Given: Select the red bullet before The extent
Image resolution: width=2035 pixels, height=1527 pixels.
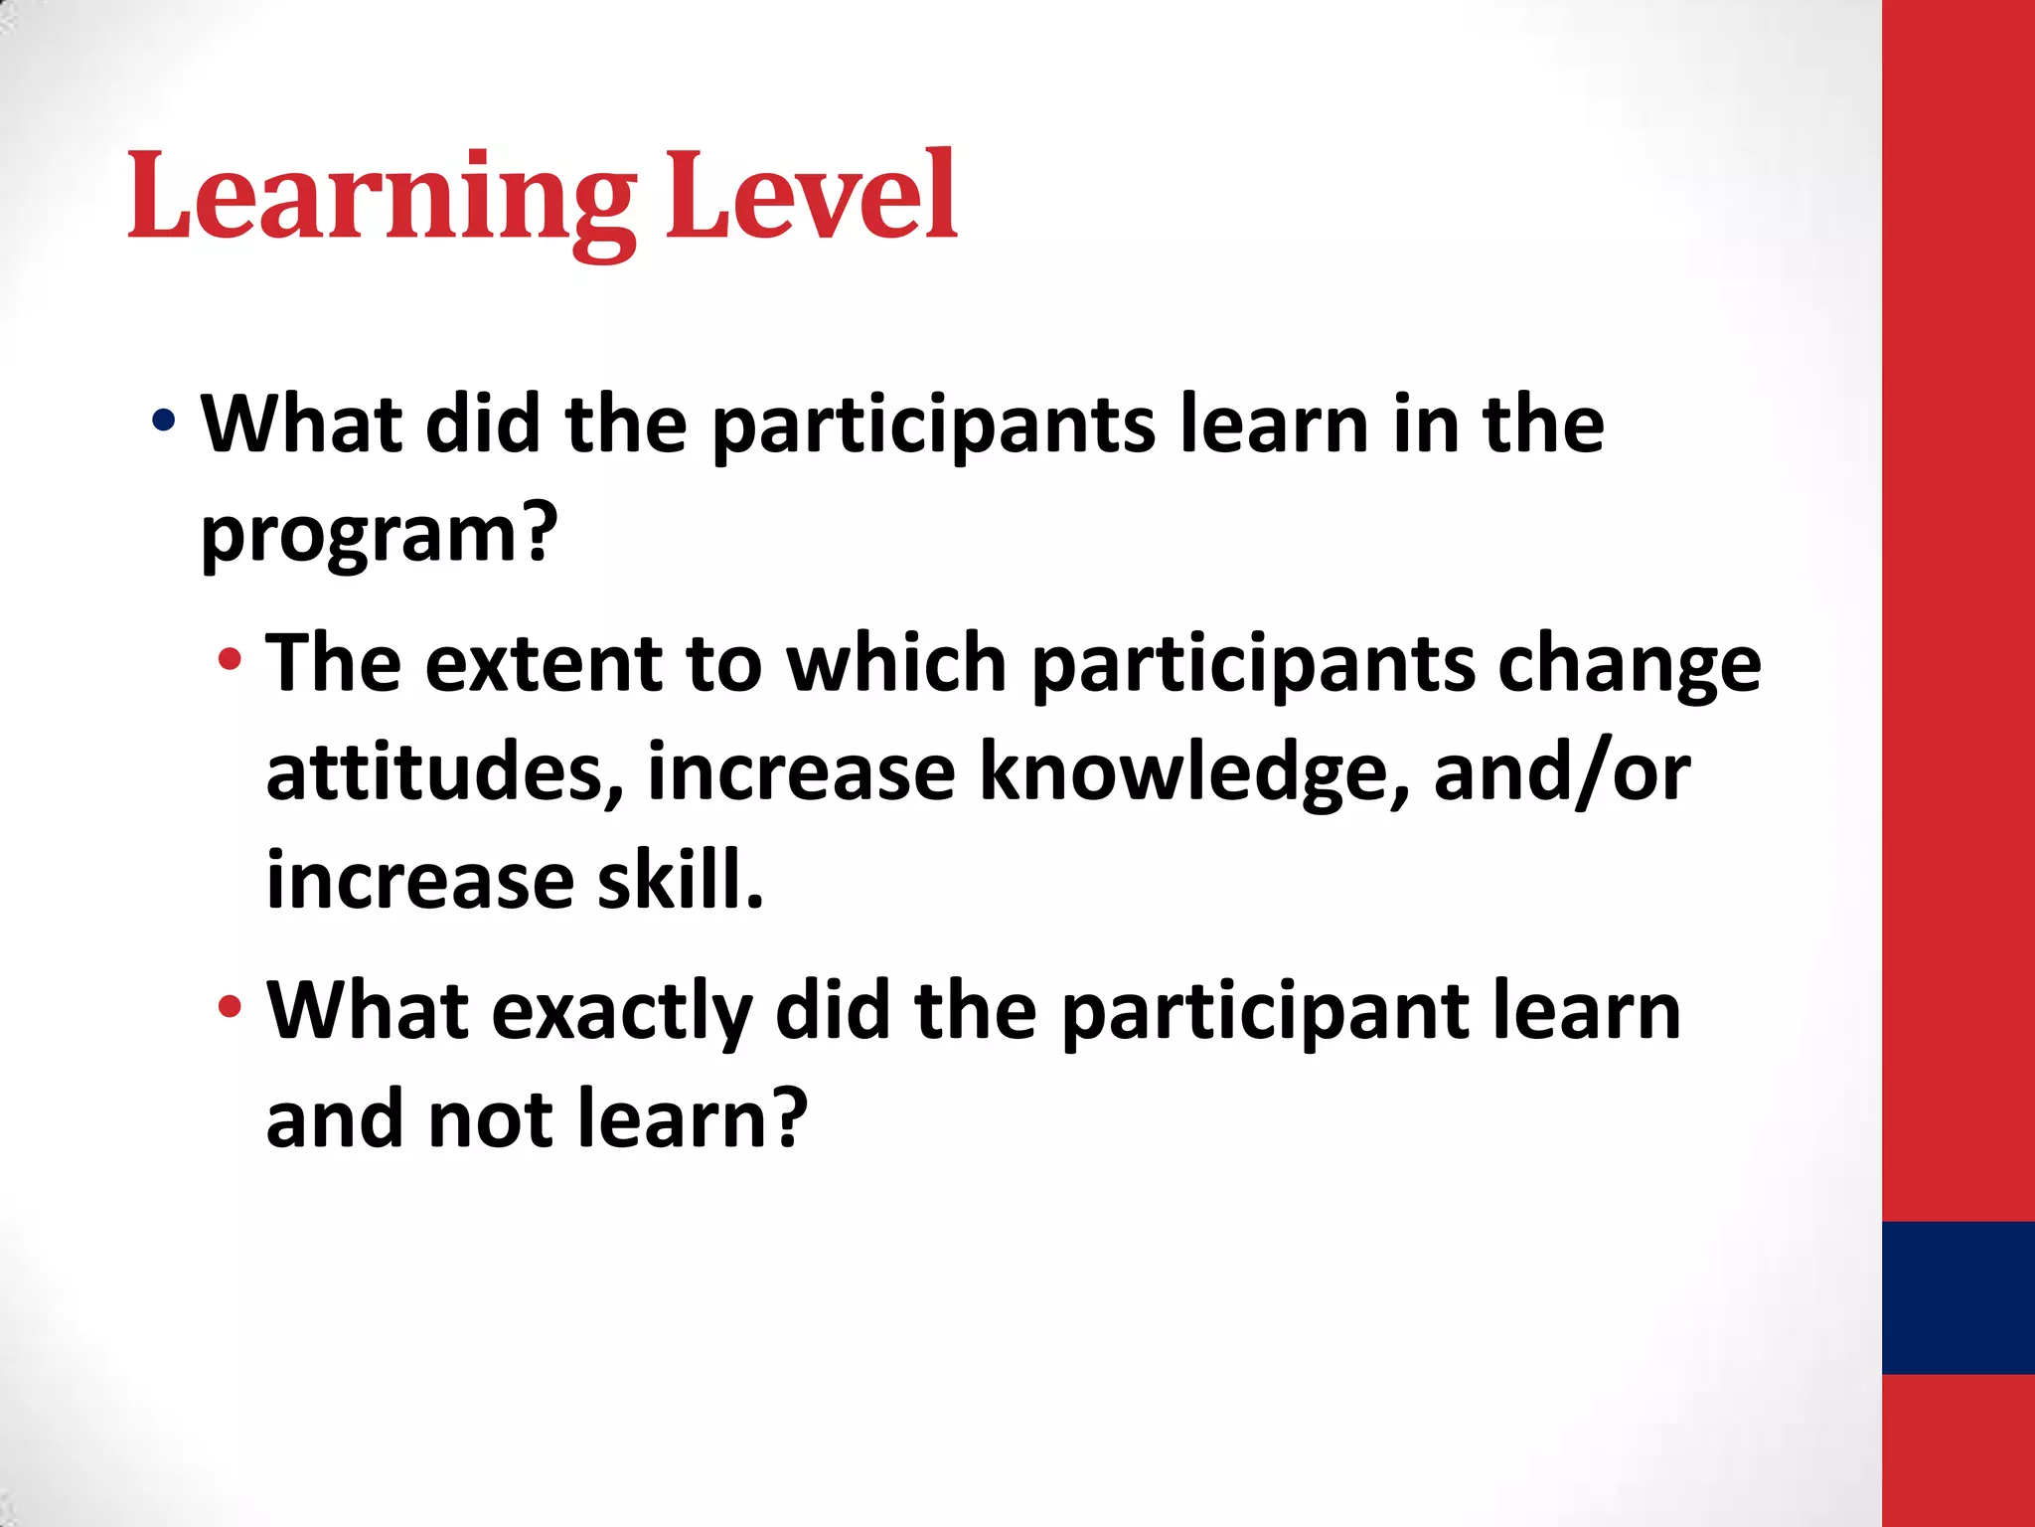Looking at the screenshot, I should click(x=230, y=659).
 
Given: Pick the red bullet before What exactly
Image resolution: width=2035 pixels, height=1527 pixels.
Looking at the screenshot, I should click(x=230, y=1007).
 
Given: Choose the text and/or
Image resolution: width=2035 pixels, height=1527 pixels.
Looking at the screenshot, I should click(x=1561, y=773).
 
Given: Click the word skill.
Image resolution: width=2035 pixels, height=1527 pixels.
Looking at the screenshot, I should click(x=681, y=881).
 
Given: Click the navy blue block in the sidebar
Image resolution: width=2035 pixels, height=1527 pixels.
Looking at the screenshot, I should click(x=1957, y=1297).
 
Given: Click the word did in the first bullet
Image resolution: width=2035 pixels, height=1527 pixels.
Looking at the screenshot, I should click(x=483, y=424).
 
